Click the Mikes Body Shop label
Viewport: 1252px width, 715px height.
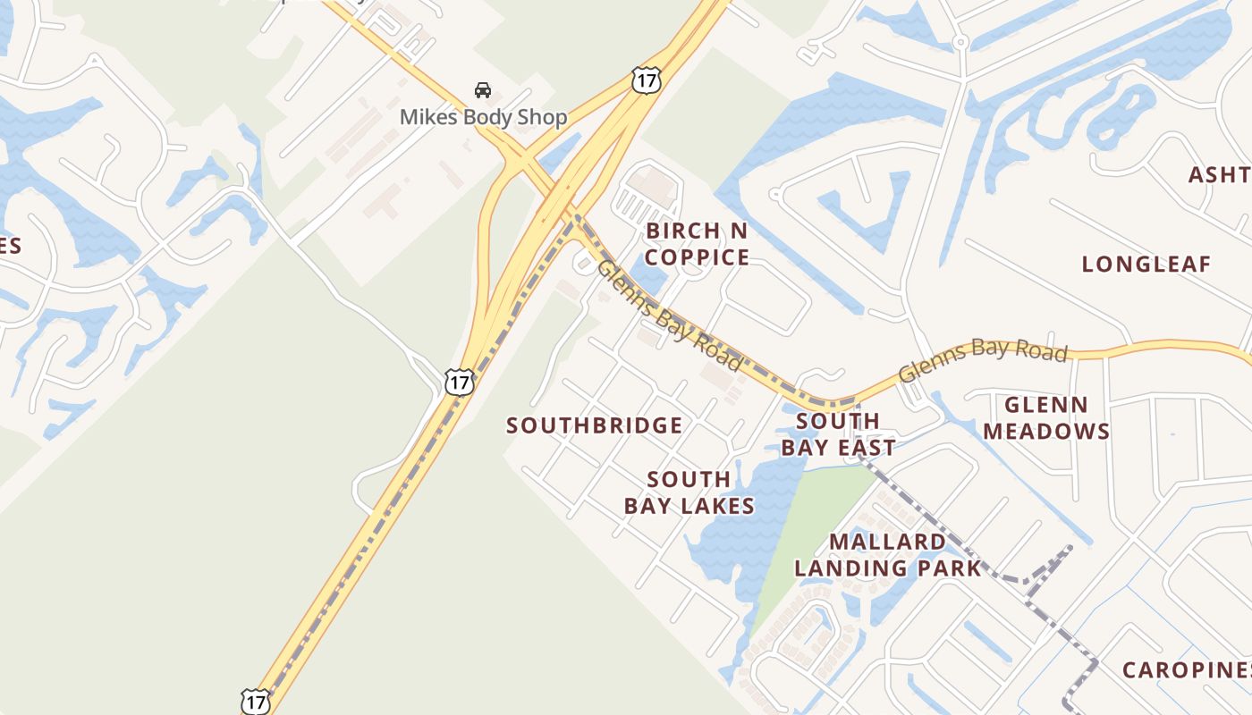(x=483, y=117)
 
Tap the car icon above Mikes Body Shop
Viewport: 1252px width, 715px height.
(x=483, y=90)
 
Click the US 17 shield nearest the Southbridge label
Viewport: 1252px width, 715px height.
(x=459, y=383)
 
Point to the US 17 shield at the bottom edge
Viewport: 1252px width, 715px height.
(x=256, y=702)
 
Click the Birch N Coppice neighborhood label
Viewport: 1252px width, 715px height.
(x=697, y=244)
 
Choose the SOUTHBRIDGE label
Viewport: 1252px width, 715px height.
(x=595, y=425)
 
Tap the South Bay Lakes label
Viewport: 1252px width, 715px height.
(x=689, y=492)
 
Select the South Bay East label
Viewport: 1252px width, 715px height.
(x=838, y=433)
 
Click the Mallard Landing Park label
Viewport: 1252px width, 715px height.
(x=888, y=554)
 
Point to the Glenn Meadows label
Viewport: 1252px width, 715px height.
(x=1046, y=417)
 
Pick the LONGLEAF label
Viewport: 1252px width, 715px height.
(x=1146, y=264)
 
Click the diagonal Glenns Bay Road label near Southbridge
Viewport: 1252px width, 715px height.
(x=669, y=315)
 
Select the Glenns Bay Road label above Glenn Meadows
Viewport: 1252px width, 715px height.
(x=983, y=360)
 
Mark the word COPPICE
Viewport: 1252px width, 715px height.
(x=697, y=257)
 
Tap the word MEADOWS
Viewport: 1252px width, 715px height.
(x=1046, y=431)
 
